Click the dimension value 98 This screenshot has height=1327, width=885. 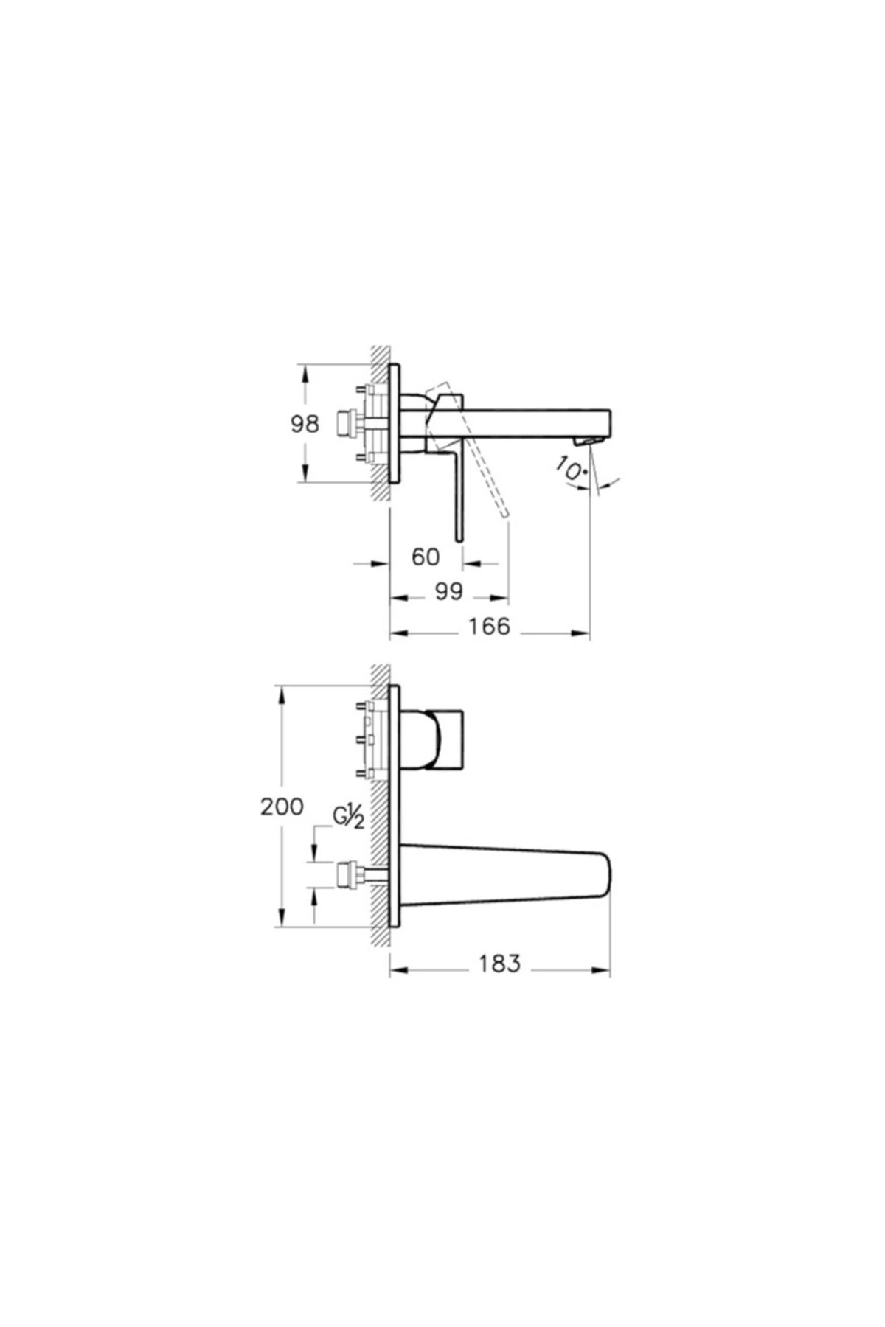[x=305, y=425]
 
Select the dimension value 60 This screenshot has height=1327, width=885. [x=426, y=557]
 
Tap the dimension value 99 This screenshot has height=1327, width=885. [x=448, y=591]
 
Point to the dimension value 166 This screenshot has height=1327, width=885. [x=490, y=626]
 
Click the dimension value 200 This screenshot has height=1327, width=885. [x=281, y=807]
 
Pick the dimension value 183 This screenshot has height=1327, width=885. [x=499, y=963]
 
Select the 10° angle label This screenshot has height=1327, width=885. [x=572, y=469]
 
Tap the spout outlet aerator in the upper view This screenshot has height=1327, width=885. [x=586, y=440]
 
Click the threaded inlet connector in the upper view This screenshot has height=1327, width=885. [x=344, y=423]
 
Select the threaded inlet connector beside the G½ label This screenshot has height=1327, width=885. [x=345, y=874]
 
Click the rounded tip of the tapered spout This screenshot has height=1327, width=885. [x=606, y=874]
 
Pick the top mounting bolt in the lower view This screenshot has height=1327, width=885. [x=361, y=706]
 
